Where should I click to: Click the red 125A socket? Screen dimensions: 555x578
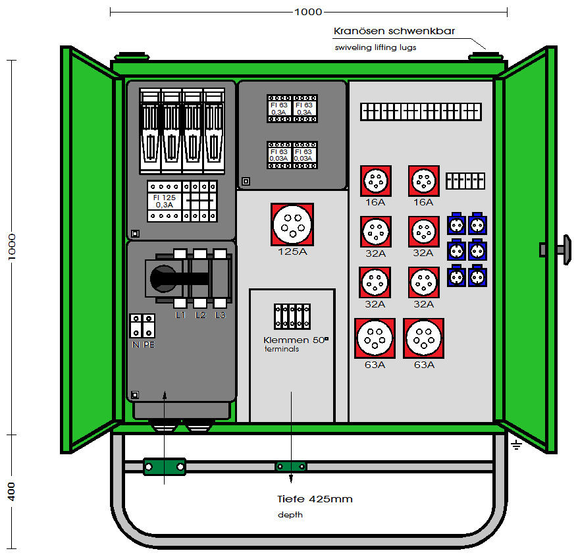coord(292,224)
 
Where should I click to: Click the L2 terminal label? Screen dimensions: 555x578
coord(201,316)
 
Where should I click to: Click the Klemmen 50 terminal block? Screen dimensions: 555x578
coord(292,316)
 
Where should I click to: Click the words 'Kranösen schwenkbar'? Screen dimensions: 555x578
coord(394,31)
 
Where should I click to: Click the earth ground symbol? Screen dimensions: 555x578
coord(516,446)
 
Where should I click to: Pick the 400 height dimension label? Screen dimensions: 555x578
coord(12,491)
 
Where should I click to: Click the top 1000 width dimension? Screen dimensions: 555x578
coord(308,12)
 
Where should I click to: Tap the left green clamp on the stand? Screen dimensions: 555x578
coord(165,467)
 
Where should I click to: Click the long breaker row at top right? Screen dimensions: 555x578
coord(421,112)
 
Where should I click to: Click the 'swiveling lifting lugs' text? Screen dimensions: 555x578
coord(375,47)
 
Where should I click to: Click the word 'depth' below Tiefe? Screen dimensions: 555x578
coord(290,515)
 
